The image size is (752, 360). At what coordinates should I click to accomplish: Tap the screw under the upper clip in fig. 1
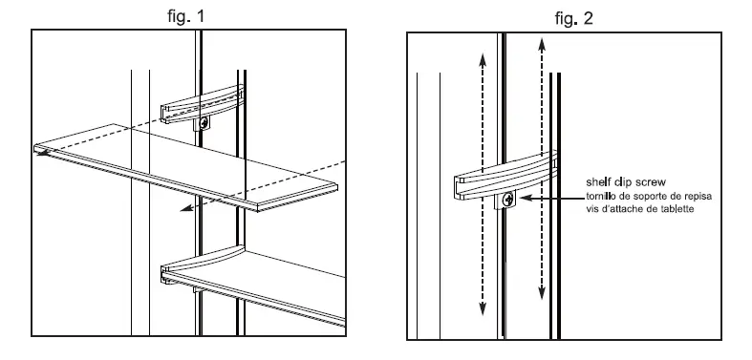[202, 122]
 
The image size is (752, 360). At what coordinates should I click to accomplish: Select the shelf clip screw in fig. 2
[507, 201]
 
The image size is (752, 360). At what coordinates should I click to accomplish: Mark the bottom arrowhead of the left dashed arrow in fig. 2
[483, 311]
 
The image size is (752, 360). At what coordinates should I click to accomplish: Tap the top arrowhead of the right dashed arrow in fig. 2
[543, 39]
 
